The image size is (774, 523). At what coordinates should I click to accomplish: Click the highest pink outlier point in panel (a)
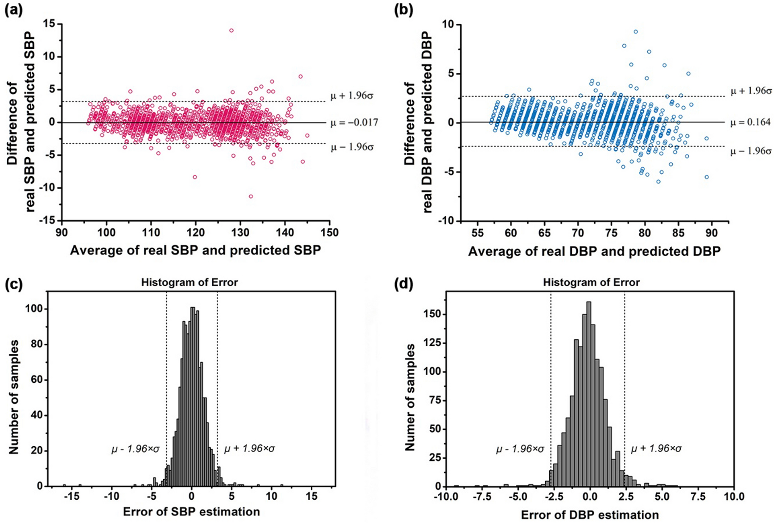(x=231, y=31)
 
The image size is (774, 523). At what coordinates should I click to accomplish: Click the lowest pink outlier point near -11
(x=251, y=196)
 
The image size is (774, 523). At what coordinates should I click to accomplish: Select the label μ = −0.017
(x=354, y=123)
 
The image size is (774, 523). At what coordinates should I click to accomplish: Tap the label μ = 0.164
(x=750, y=123)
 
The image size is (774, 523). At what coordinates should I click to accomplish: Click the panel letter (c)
(x=13, y=284)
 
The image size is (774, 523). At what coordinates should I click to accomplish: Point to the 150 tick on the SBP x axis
(x=329, y=233)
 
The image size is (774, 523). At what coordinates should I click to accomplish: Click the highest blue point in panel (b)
(x=635, y=32)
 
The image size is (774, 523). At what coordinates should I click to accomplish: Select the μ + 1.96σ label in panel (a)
(x=352, y=96)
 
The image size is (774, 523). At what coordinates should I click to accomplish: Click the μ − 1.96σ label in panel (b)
(x=751, y=151)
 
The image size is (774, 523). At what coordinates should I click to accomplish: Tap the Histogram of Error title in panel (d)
(x=591, y=282)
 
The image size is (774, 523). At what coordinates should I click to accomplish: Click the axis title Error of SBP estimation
(x=191, y=512)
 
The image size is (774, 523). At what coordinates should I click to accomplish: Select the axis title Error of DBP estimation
(x=590, y=515)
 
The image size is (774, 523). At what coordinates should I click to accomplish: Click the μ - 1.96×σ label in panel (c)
(x=135, y=449)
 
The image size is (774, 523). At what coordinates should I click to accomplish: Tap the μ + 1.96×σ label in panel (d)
(x=656, y=449)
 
